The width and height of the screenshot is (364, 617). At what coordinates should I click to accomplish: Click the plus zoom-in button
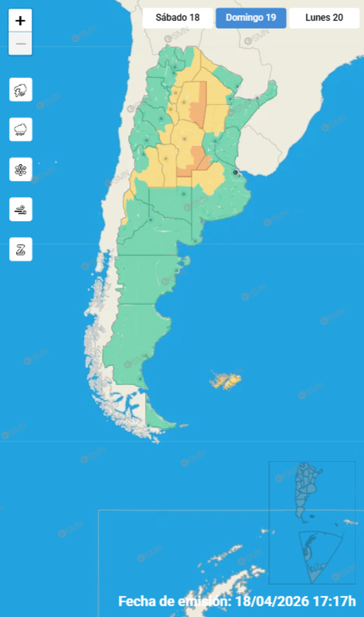(x=20, y=21)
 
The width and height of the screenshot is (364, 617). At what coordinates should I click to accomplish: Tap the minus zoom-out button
(x=20, y=45)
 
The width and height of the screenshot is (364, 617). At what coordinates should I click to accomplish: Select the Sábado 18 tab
(x=178, y=18)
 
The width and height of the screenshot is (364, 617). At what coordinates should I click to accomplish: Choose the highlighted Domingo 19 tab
(x=250, y=18)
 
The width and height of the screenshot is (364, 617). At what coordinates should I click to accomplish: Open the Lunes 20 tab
(x=324, y=18)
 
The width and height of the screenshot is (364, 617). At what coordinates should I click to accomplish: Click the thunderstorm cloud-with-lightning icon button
(x=21, y=90)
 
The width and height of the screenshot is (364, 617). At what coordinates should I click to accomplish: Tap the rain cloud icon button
(x=21, y=129)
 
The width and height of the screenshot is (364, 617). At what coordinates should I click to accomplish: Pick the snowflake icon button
(x=21, y=169)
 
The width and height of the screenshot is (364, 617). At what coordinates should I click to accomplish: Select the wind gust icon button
(x=21, y=209)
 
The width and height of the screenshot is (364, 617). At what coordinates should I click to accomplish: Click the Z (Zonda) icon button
(x=21, y=249)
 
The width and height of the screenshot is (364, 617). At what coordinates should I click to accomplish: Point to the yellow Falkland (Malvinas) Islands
(x=226, y=381)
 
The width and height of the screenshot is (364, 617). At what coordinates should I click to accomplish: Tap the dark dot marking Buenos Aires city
(x=235, y=172)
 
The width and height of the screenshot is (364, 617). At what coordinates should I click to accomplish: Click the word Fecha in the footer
(x=134, y=601)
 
